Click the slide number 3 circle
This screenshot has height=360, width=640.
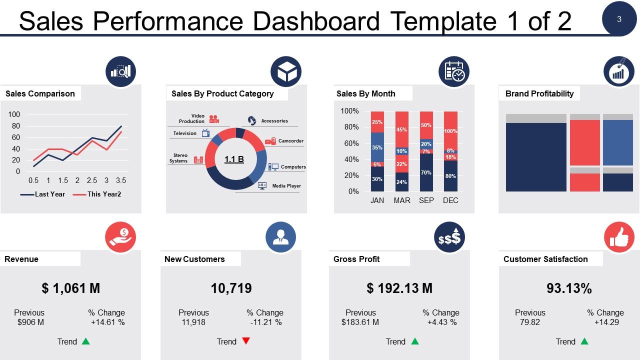pos(619,19)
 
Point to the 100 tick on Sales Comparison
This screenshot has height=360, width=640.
pos(14,114)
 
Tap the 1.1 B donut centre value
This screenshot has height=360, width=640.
pos(234,159)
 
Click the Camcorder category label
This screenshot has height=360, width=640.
pos(290,141)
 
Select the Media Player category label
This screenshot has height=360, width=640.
pos(286,186)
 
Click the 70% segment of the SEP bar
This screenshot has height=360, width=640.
pos(426,172)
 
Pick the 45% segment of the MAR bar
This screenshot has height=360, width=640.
pos(401,129)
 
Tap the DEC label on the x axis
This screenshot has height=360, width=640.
pos(450,200)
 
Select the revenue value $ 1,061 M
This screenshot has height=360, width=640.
pos(71,288)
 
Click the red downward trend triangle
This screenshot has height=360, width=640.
pos(245,341)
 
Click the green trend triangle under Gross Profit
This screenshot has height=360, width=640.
pos(414,341)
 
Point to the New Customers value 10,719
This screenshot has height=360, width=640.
pos(231,288)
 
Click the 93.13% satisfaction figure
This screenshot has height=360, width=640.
pos(569,288)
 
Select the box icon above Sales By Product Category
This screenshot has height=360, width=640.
pos(285,72)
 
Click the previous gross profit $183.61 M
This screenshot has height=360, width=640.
pos(360,322)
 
